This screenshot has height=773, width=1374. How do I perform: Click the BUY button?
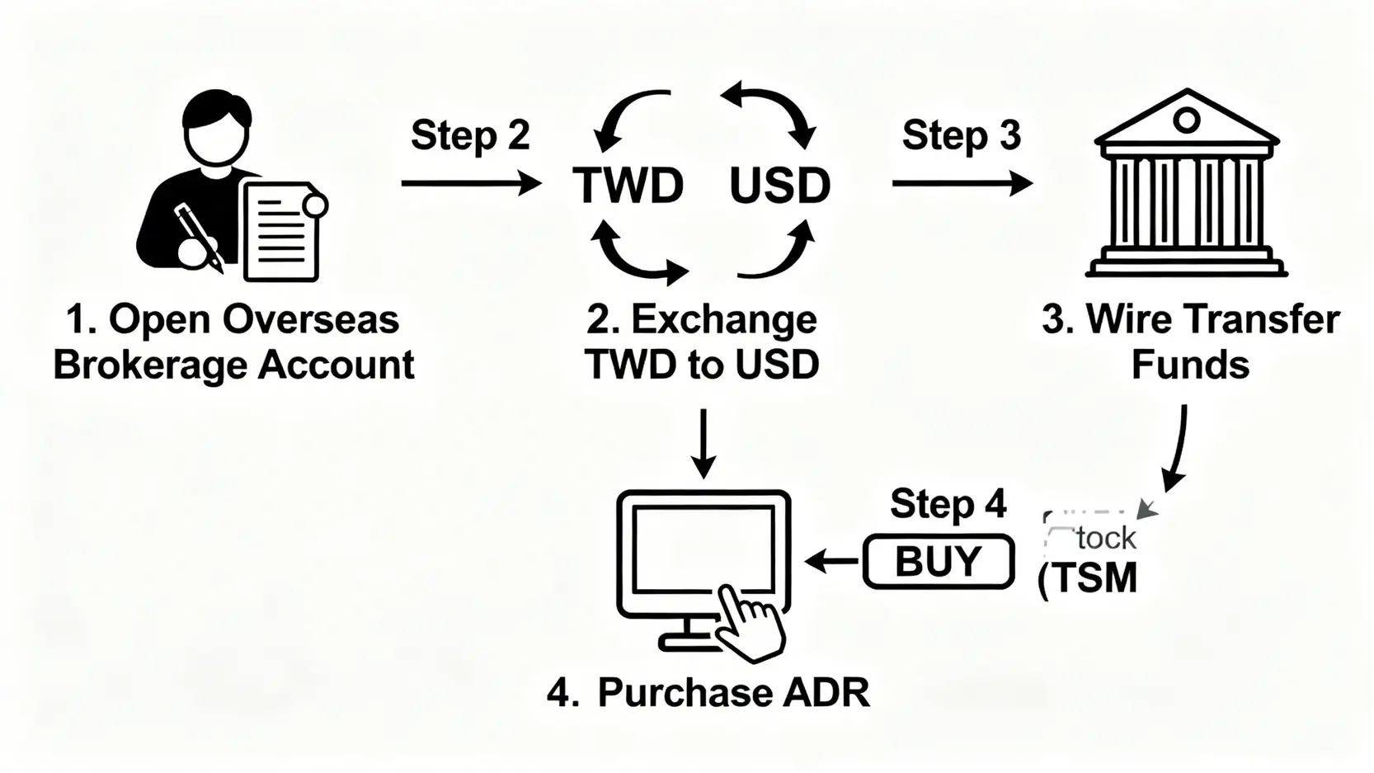939,562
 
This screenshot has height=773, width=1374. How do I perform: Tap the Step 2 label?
470,135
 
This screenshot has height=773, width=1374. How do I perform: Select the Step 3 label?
961,135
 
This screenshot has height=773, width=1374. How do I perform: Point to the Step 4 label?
948,504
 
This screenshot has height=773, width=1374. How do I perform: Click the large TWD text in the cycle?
628,186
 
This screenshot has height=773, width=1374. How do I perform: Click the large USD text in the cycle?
779,186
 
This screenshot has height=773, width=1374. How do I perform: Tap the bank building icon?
1186,186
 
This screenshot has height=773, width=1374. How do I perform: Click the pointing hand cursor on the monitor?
749,623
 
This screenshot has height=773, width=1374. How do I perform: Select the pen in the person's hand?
198,235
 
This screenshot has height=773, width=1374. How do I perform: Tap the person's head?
216,128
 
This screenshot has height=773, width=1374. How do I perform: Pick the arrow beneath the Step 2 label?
470,183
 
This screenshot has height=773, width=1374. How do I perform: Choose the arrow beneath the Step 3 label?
961,183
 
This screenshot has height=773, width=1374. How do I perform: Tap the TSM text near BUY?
1093,577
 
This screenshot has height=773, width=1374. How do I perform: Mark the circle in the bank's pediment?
1186,120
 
